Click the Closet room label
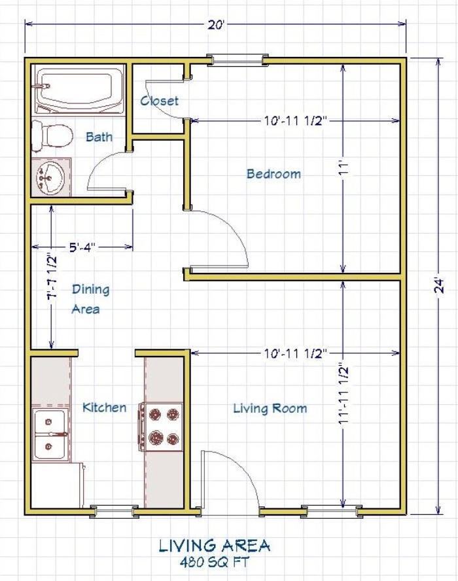[x=160, y=100]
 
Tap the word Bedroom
[x=273, y=173]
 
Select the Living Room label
[x=270, y=408]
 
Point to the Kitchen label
[x=104, y=407]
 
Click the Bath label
[x=99, y=137]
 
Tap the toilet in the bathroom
[x=51, y=135]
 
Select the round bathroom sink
[x=50, y=177]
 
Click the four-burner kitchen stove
[x=161, y=427]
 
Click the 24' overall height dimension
[x=439, y=286]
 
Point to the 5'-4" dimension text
[x=82, y=247]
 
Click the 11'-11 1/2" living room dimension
[x=344, y=395]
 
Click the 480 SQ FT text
[x=215, y=562]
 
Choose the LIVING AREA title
[x=215, y=546]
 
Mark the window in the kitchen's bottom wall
[x=114, y=512]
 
